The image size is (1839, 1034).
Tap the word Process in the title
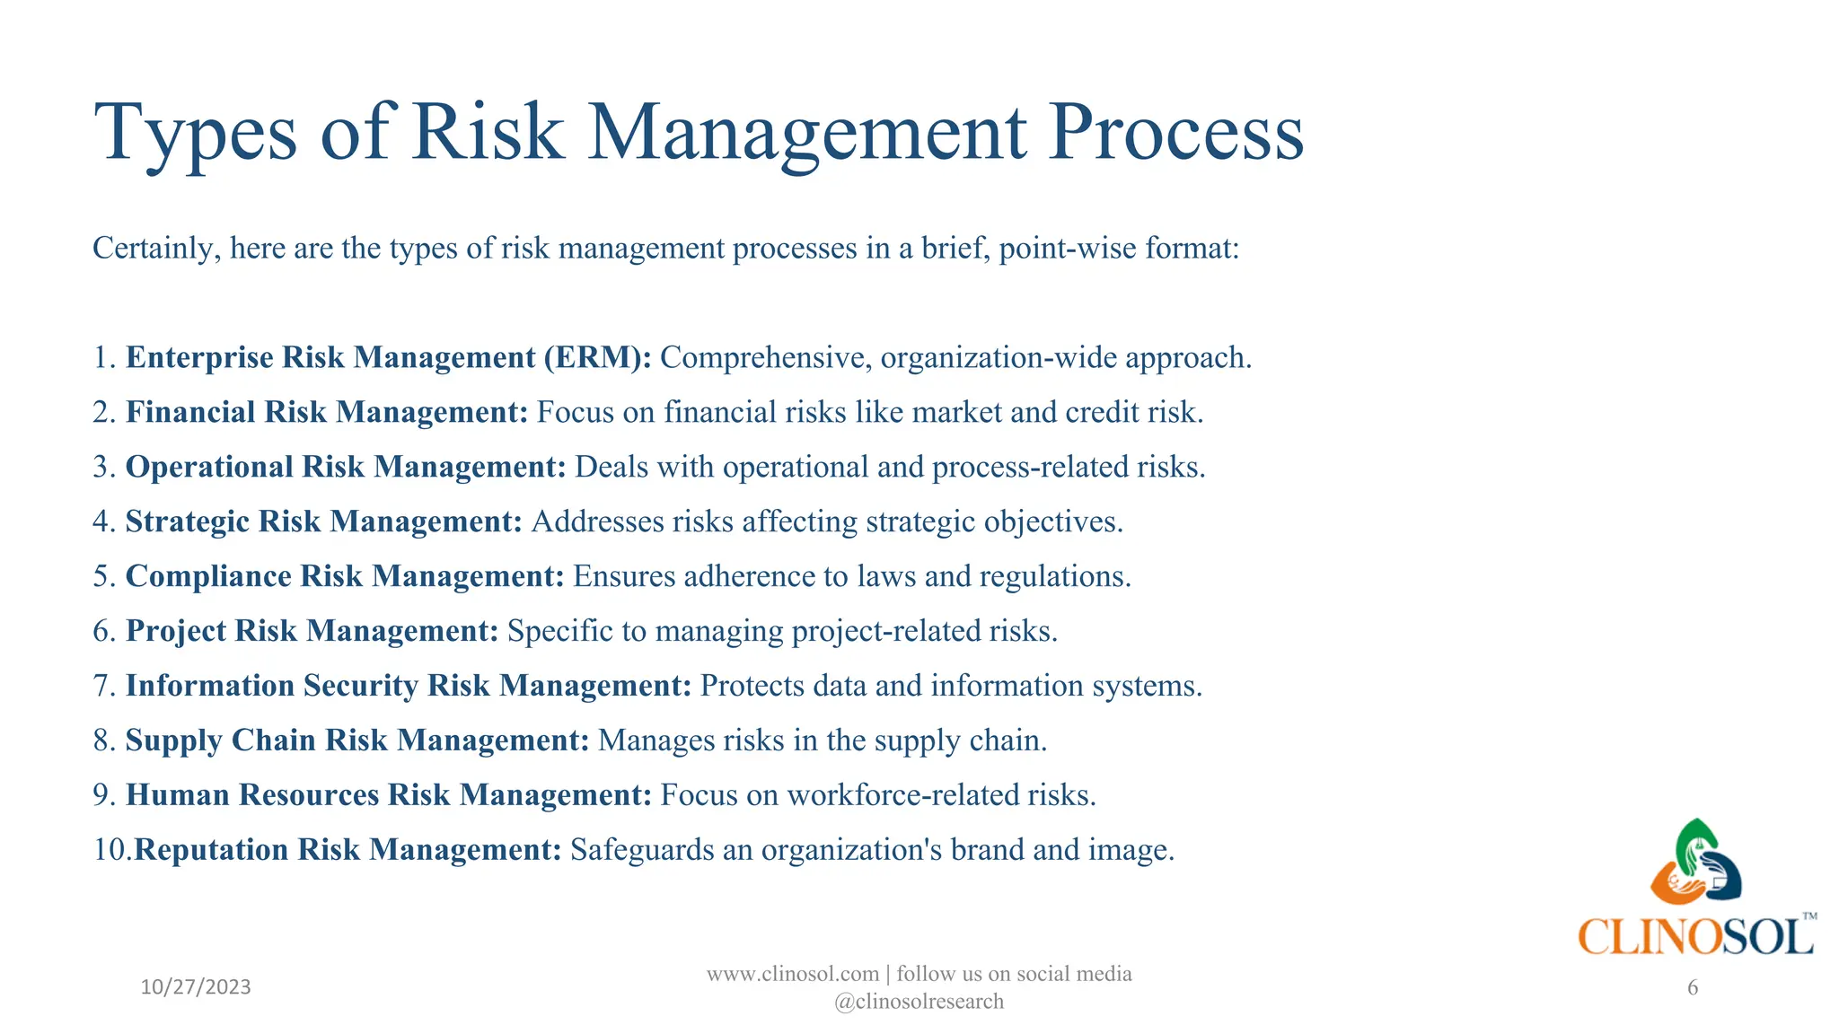(1175, 133)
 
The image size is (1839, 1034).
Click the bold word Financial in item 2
(190, 412)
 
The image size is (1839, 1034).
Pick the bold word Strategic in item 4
(188, 521)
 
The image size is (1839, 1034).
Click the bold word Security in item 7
(361, 686)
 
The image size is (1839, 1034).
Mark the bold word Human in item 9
(178, 795)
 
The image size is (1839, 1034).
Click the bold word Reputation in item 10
(212, 850)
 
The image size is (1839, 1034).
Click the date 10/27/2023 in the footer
(196, 987)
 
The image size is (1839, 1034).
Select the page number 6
(1693, 988)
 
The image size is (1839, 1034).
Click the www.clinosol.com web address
(792, 974)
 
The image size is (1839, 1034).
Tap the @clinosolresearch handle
(919, 1002)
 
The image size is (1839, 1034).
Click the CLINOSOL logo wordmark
(1695, 937)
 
